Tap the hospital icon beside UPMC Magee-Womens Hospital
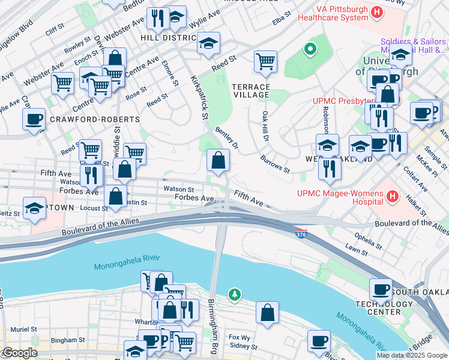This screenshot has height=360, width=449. click(x=393, y=196)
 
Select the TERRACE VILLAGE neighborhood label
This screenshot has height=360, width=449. click(x=251, y=91)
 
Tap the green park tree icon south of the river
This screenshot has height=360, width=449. click(x=235, y=294)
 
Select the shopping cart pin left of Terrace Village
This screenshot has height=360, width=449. click(x=265, y=61)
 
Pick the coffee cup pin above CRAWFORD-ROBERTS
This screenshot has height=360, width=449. click(x=34, y=119)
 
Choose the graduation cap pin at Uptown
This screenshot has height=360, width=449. click(x=34, y=208)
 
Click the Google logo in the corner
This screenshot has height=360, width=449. click(x=19, y=353)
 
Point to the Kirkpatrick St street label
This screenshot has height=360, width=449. click(x=199, y=97)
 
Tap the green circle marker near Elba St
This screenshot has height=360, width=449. click(x=310, y=49)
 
